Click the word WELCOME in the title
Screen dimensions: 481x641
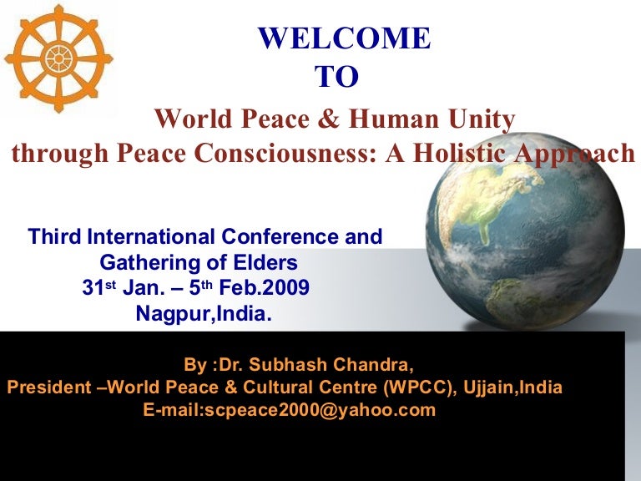point(344,38)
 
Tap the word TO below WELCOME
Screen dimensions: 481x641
point(336,77)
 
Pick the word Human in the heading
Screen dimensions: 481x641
point(387,120)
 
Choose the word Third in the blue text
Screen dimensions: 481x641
point(56,236)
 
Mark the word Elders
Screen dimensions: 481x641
point(266,263)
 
